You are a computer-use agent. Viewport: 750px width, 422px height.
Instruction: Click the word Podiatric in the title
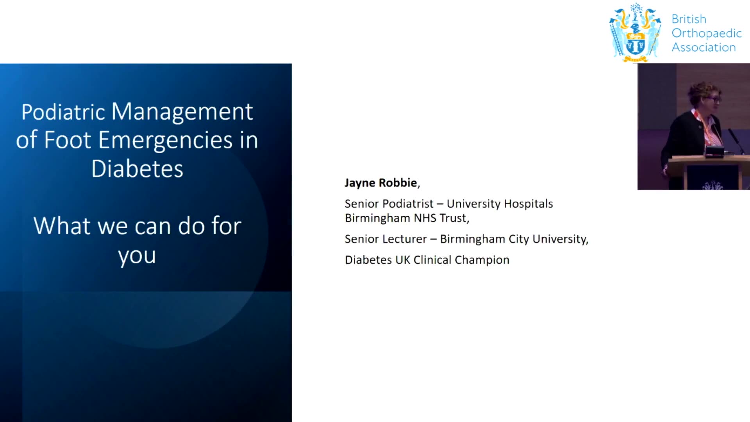coord(63,112)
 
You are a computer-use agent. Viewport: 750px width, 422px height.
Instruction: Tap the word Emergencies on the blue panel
coord(166,140)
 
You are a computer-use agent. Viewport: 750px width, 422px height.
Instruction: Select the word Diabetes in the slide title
coord(137,169)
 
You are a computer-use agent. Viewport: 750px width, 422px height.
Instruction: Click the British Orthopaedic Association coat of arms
coord(636,33)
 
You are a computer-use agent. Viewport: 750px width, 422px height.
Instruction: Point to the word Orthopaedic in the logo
coord(707,34)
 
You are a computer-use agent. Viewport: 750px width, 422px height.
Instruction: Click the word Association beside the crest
coord(704,47)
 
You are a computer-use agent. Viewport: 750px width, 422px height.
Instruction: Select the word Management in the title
coord(182,112)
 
